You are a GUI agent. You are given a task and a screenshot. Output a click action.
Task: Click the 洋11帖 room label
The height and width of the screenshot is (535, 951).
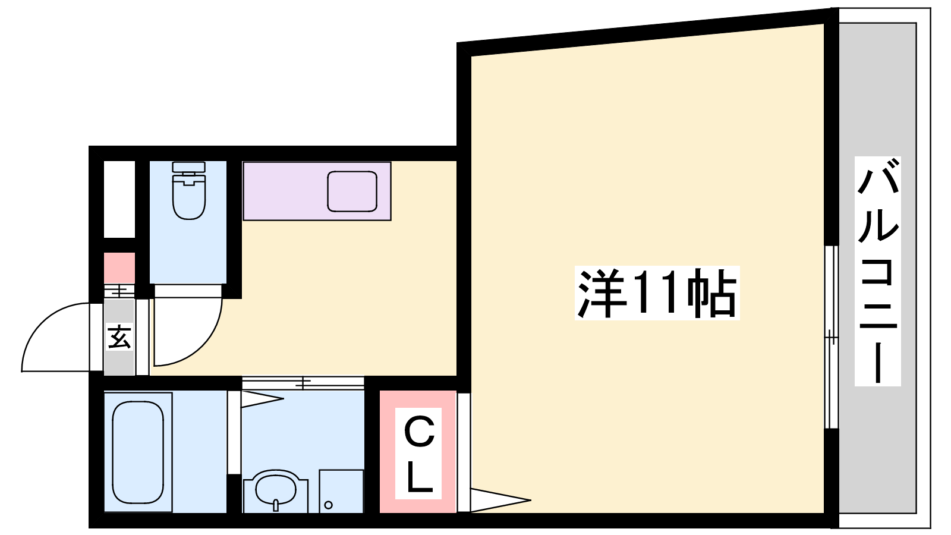click(x=657, y=293)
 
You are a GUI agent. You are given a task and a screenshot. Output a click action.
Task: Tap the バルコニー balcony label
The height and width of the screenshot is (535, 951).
click(x=877, y=271)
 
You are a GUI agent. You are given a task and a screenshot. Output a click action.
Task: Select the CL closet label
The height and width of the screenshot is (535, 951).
click(x=418, y=454)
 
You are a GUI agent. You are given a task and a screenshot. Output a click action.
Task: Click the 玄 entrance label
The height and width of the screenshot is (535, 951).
click(x=119, y=336)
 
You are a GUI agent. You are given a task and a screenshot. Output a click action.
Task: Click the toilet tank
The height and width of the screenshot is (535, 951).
click(x=189, y=167)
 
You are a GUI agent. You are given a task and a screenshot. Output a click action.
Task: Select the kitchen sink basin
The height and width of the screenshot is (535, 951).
click(x=352, y=191)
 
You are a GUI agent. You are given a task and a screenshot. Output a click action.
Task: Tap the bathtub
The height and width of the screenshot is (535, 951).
click(x=138, y=452)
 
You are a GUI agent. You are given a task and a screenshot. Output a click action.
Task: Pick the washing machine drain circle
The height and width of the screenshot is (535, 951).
click(x=328, y=505)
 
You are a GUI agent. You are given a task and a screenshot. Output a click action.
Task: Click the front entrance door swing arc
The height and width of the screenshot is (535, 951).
click(x=55, y=337)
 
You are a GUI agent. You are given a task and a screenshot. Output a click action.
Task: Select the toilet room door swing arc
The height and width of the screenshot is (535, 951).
click(x=188, y=331)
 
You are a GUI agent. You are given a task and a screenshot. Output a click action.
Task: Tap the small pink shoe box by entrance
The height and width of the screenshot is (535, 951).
click(x=119, y=268)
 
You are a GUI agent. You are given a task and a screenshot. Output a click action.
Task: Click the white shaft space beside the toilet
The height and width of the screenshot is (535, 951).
click(x=119, y=199)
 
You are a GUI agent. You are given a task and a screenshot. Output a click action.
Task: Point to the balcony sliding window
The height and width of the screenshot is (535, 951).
click(x=832, y=337)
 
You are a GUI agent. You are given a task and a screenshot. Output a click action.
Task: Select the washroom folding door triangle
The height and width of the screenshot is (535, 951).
click(x=262, y=399)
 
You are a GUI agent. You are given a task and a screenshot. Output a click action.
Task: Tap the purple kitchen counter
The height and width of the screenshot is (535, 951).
click(x=317, y=191)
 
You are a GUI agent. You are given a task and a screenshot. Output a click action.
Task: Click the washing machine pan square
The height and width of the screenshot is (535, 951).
click(x=341, y=491)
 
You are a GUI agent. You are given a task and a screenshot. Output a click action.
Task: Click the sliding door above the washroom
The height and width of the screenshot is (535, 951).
click(x=303, y=383)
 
